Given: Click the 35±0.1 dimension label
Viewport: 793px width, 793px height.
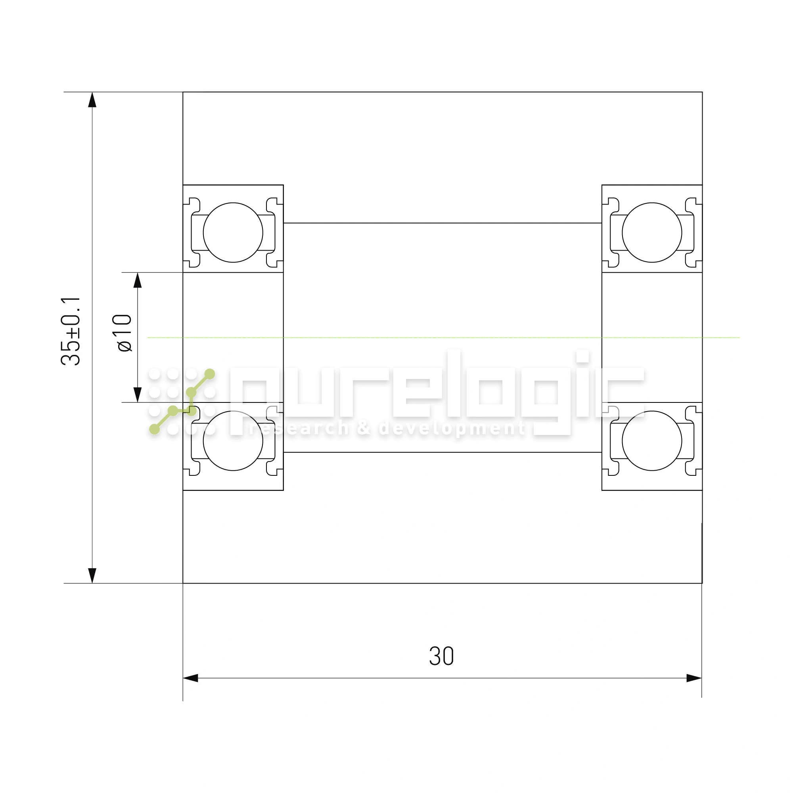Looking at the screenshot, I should coord(71,331).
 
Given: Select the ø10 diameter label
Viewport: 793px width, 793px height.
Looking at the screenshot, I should coord(123,333).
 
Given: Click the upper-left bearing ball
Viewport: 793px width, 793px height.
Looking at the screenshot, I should coord(233,232).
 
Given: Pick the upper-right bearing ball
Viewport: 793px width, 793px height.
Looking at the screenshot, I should coord(652,232).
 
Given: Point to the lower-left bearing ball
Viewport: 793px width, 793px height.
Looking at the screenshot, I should coord(233,441).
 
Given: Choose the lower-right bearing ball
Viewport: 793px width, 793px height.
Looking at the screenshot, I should coord(652,441).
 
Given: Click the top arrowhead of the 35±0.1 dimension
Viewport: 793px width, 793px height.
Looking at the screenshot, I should coord(92,100).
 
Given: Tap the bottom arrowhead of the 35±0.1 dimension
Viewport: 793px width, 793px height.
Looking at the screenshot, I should coord(92,575).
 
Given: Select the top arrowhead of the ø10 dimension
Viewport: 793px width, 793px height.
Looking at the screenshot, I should coord(138,280).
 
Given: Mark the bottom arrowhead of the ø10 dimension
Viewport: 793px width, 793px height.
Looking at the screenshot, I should coord(138,395).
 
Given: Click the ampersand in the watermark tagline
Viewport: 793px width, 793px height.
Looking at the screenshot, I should coord(363,429).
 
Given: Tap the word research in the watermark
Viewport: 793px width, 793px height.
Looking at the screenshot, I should coord(299,429).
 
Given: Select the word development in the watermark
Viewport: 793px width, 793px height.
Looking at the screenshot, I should coord(452,429).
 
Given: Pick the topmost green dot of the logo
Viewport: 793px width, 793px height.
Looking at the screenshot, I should coord(210,374).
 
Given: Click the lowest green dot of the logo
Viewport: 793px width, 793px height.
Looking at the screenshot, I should coord(154,429).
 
